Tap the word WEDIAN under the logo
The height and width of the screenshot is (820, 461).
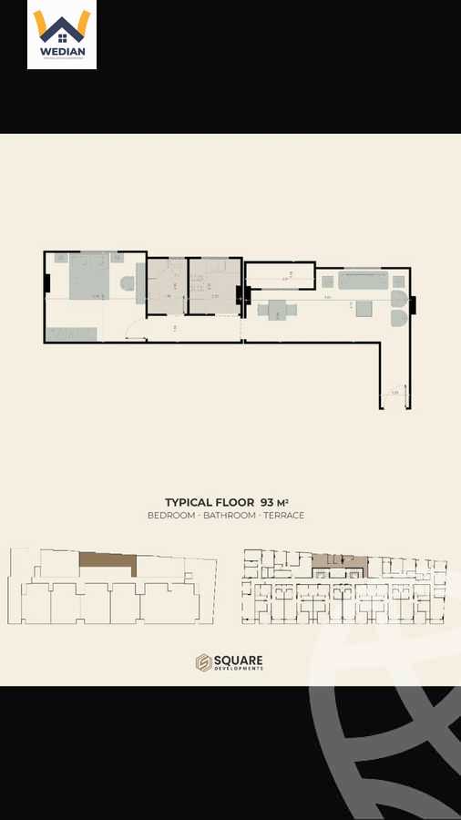(x=62, y=52)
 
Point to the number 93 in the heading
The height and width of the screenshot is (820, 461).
(x=268, y=502)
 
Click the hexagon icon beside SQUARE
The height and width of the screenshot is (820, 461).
(x=203, y=663)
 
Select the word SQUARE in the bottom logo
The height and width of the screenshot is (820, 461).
(x=240, y=660)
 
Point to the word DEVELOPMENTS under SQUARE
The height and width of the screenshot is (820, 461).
(x=240, y=670)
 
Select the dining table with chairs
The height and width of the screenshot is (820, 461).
(x=277, y=310)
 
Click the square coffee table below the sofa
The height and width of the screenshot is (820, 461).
(x=364, y=309)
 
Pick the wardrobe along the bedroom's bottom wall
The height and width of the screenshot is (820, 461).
(x=72, y=334)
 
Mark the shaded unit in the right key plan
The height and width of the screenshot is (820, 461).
(x=338, y=563)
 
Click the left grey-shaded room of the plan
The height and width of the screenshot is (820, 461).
(x=168, y=286)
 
